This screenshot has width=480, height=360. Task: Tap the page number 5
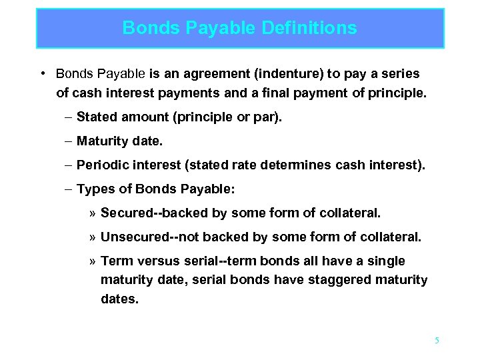[x=437, y=341]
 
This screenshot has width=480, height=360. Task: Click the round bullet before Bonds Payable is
[x=42, y=73]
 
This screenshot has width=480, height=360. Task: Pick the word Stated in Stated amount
[x=94, y=117]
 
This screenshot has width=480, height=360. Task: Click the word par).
[x=269, y=117]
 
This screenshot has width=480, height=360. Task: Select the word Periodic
[x=102, y=165]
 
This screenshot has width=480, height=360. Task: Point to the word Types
[x=95, y=189]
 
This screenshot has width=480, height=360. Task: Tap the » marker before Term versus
[x=93, y=261]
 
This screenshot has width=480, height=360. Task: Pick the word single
[x=387, y=261]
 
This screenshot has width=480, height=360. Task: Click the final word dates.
[x=119, y=299]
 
